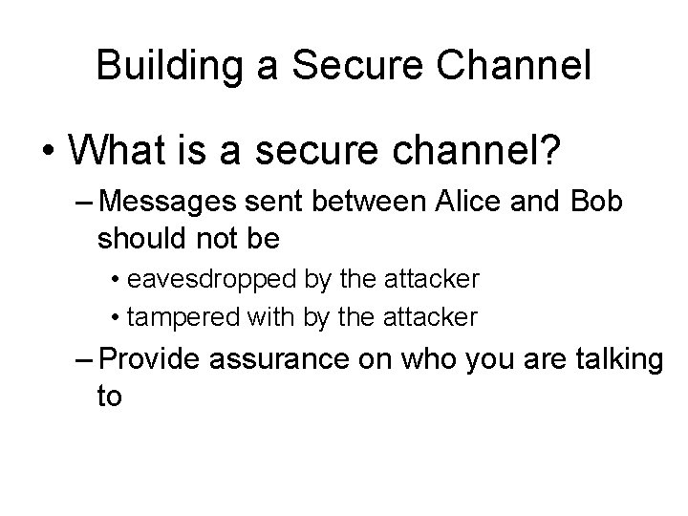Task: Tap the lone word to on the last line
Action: (110, 397)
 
